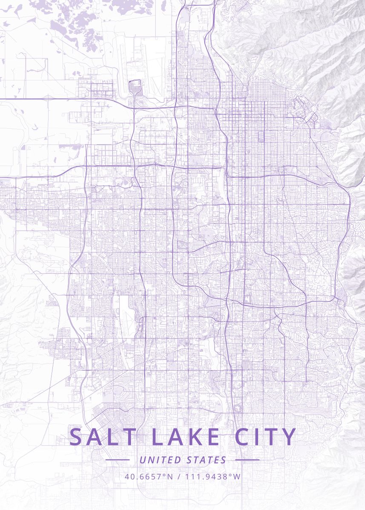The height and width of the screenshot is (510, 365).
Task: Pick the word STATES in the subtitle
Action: (207, 460)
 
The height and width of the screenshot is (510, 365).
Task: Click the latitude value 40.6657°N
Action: (149, 476)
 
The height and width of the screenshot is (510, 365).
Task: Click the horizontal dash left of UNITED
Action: (117, 460)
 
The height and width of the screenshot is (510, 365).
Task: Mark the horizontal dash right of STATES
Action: (247, 460)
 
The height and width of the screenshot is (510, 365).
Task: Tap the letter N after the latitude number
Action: (170, 476)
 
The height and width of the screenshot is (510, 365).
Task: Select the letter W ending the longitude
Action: (237, 476)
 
